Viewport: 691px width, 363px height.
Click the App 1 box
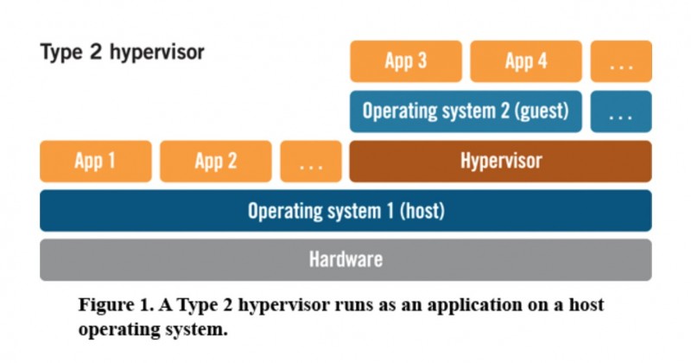(x=96, y=161)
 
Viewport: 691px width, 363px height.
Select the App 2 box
(x=215, y=161)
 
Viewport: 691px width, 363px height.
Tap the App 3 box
(x=406, y=61)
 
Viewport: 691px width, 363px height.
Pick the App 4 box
(x=526, y=61)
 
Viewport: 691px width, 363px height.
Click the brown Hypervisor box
(x=501, y=161)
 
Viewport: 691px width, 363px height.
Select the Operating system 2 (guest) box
(x=466, y=111)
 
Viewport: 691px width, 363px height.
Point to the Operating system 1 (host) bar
(x=346, y=211)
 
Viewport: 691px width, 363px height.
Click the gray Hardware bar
(x=346, y=260)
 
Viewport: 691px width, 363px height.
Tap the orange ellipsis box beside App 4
(x=621, y=61)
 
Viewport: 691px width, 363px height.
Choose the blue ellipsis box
(x=621, y=111)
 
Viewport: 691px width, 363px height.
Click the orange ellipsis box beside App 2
(x=311, y=161)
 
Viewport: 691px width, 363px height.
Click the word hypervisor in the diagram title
(x=157, y=53)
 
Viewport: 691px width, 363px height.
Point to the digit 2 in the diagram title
(x=96, y=52)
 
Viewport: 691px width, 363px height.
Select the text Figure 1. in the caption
(x=117, y=305)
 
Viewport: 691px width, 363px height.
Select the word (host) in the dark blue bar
(x=422, y=211)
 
